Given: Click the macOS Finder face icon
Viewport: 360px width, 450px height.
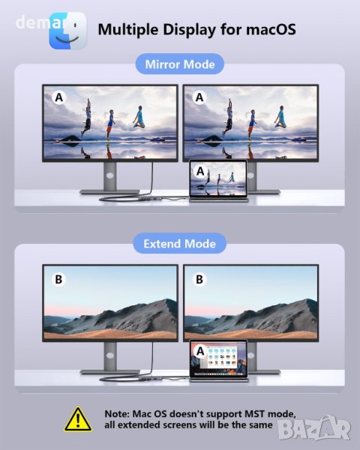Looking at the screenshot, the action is pyautogui.click(x=68, y=31).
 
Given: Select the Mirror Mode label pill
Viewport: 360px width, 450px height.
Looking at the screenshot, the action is pyautogui.click(x=180, y=64).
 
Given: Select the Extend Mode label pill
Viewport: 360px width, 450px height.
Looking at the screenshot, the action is pyautogui.click(x=180, y=244).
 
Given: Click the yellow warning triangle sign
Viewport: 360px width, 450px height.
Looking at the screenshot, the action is pyautogui.click(x=78, y=420).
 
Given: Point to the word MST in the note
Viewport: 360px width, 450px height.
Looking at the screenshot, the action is pyautogui.click(x=256, y=414).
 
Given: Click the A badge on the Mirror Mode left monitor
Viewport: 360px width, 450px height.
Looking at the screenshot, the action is pyautogui.click(x=58, y=97).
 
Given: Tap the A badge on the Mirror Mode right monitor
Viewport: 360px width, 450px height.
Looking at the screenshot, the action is pyautogui.click(x=199, y=97).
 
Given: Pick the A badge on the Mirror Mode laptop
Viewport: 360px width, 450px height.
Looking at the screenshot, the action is pyautogui.click(x=200, y=171).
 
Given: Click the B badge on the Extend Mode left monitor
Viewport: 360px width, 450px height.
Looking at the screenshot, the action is pyautogui.click(x=58, y=279).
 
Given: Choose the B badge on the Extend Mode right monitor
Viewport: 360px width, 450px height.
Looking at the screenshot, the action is pyautogui.click(x=199, y=279).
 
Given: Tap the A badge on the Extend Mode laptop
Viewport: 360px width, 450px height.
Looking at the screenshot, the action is pyautogui.click(x=200, y=351).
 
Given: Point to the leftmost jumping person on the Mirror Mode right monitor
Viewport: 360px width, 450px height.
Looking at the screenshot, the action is pyautogui.click(x=229, y=118).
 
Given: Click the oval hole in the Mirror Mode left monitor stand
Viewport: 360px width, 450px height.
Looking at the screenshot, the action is pyautogui.click(x=110, y=175).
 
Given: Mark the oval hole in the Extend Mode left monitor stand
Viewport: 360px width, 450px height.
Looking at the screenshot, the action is pyautogui.click(x=110, y=355).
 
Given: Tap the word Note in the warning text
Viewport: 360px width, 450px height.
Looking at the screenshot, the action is pyautogui.click(x=117, y=414).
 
